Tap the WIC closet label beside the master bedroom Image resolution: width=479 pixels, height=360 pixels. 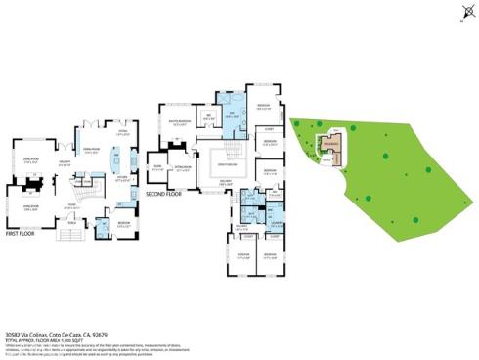click(208, 121)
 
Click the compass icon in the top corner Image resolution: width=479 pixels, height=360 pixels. click(460, 14)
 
